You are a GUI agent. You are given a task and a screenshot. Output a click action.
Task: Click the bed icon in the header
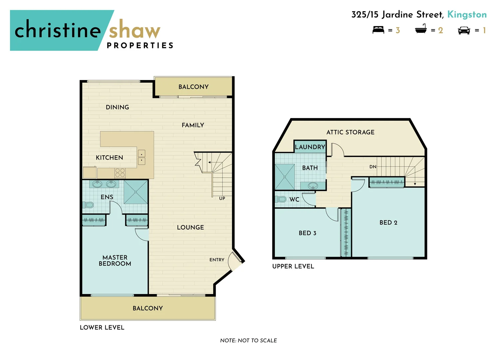tap(378, 30)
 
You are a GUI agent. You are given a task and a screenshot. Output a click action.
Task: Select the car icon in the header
tap(464, 30)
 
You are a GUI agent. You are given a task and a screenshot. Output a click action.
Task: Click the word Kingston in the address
tap(467, 15)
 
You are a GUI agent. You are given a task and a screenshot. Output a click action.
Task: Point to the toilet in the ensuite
tap(89, 205)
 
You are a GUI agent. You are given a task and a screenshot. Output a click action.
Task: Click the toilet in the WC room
tap(281, 199)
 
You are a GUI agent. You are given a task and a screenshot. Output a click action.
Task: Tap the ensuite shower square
tap(136, 192)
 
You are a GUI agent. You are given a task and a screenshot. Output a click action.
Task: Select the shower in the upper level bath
tap(285, 177)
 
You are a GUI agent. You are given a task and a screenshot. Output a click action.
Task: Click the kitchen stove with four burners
tap(120, 173)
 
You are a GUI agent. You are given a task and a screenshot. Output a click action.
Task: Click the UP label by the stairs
tap(222, 198)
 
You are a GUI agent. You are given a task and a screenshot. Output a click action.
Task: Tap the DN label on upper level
tap(373, 167)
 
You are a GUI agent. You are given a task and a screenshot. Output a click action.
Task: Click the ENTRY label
tap(217, 260)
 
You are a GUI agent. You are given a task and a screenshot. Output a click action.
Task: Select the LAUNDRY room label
tap(310, 147)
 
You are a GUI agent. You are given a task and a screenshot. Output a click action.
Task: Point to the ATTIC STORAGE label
tap(350, 132)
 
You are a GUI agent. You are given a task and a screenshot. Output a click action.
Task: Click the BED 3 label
tap(307, 233)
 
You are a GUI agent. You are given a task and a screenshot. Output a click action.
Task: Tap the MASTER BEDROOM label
tap(115, 260)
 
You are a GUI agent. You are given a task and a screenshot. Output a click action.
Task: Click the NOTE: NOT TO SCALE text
tap(248, 340)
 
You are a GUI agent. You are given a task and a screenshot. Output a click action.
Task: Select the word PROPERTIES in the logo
tap(140, 46)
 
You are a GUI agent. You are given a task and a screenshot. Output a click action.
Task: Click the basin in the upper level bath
tap(312, 186)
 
